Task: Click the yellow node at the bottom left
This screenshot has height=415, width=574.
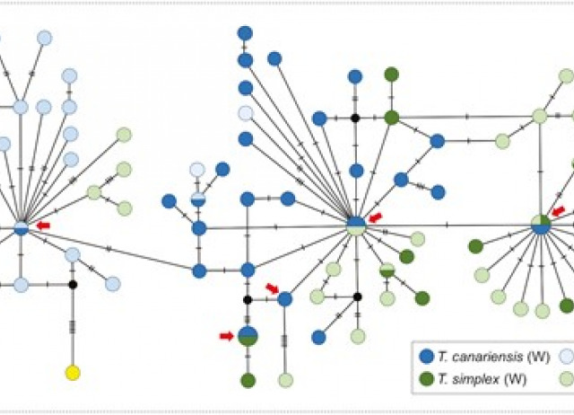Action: coord(73,372)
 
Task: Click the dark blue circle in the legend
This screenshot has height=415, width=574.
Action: coord(428,354)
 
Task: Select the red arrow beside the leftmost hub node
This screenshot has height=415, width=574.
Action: coord(43,225)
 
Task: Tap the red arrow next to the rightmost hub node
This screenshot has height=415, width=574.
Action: coord(559,212)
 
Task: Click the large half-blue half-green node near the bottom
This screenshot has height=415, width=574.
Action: coord(248,336)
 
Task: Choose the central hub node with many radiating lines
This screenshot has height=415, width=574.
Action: coord(356,225)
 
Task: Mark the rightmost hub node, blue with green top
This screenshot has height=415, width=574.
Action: coord(541,225)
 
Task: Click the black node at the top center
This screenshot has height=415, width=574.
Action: coord(356,118)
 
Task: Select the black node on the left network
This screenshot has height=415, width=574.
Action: coord(73,285)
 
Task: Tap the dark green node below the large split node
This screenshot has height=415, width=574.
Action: coord(248,380)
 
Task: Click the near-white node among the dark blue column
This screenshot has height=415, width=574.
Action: coord(245,113)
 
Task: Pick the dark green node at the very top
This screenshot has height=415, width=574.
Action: coord(391,75)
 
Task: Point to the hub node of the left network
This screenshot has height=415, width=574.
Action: coord(21,228)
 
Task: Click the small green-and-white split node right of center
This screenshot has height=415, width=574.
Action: coord(387,269)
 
